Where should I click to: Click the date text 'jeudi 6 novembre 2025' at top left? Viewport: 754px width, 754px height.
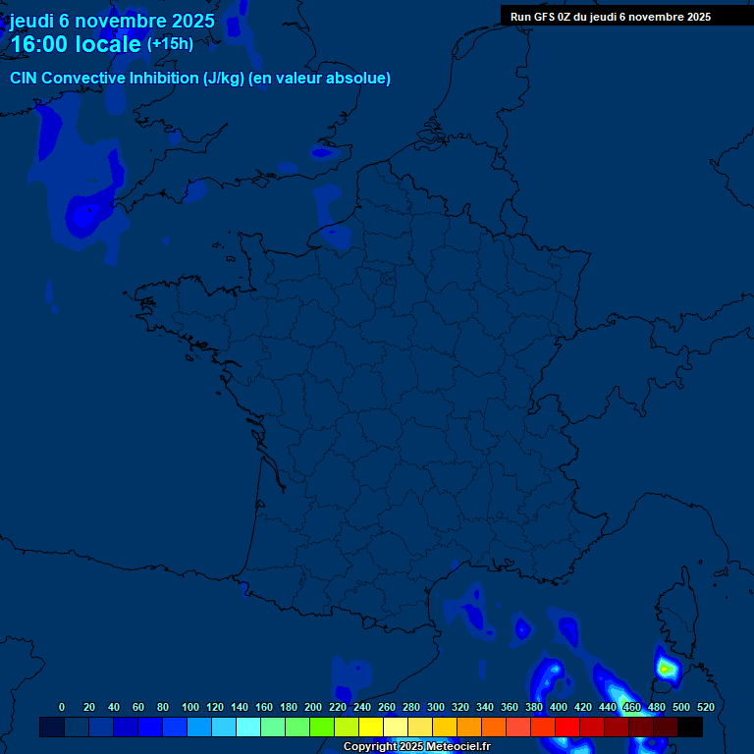tap(112, 21)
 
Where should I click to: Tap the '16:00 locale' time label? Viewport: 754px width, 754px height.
tap(75, 44)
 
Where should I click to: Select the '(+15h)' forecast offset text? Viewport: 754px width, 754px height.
tap(170, 44)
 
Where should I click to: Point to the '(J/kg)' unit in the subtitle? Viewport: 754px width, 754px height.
tap(225, 79)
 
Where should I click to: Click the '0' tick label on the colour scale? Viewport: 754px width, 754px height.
tap(62, 707)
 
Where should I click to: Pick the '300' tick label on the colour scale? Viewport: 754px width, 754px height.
tap(435, 707)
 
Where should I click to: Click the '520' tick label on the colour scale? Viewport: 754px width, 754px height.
tap(705, 707)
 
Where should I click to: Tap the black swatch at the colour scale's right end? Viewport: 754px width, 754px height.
tap(690, 727)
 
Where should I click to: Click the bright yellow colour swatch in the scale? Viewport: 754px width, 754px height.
tap(371, 727)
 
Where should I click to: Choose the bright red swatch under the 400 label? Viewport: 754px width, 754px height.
tap(567, 727)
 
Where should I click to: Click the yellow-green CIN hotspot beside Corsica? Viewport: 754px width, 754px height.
tap(666, 669)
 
